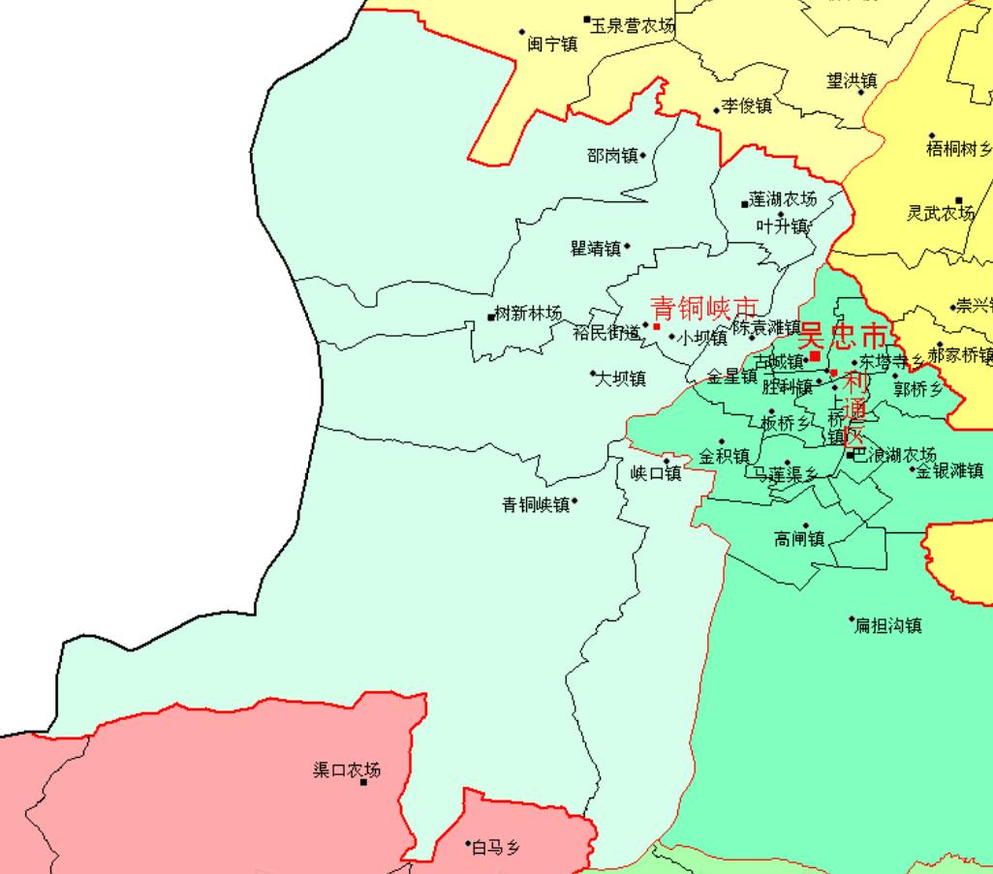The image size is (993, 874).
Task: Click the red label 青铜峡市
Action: [703, 308]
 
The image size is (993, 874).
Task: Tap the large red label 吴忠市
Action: [842, 337]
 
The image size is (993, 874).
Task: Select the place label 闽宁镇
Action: [552, 45]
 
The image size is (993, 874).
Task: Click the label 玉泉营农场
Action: [633, 25]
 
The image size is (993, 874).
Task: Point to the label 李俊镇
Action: [747, 106]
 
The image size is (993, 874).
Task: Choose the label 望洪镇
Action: [852, 81]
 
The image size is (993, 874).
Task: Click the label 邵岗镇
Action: [612, 156]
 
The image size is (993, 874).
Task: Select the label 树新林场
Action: [528, 314]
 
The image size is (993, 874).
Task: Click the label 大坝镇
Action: [620, 378]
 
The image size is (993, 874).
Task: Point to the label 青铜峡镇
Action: [536, 504]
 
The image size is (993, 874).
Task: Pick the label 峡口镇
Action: [656, 473]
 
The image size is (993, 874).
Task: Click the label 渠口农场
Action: [347, 770]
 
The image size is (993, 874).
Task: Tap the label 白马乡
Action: [496, 849]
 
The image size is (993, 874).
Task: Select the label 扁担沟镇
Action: [887, 626]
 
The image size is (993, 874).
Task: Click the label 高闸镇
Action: [799, 539]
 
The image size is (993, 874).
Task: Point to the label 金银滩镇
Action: [950, 471]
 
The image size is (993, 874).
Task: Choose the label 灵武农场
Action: [940, 213]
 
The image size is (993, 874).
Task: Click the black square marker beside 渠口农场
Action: [363, 782]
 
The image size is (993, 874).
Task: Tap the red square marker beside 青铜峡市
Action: [657, 327]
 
